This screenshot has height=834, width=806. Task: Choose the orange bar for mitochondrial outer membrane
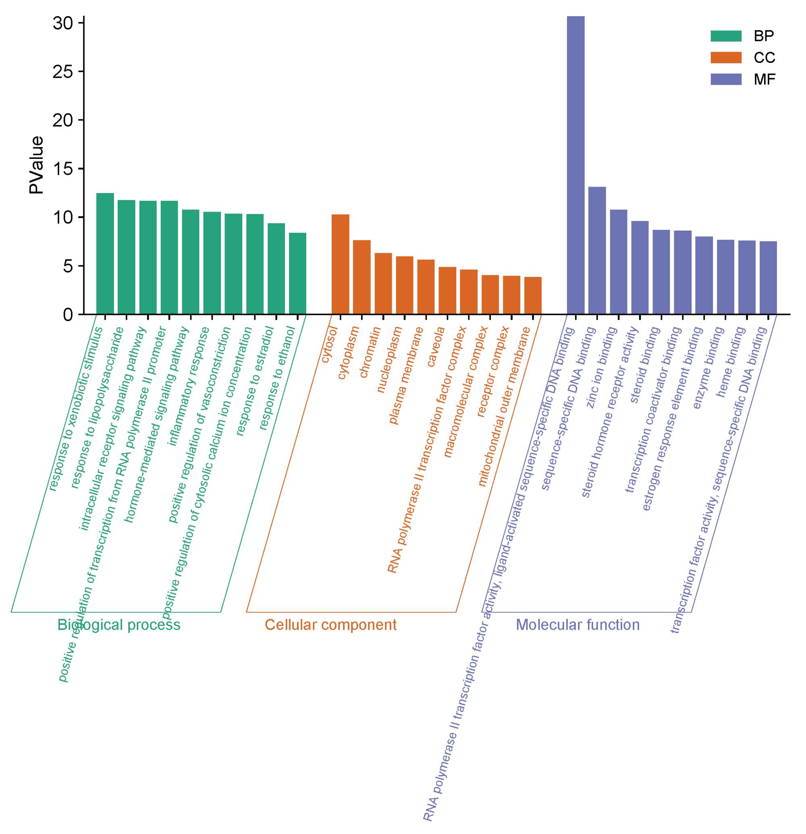pos(532,296)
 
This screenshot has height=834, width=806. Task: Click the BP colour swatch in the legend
pos(726,36)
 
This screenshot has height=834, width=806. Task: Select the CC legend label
pos(764,58)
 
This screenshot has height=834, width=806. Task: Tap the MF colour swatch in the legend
pos(726,79)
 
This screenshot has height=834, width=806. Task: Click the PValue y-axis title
pos(37,165)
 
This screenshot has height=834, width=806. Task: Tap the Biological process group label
pos(119,625)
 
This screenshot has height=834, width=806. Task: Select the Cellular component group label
pos(330,625)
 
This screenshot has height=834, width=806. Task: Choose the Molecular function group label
pos(577,625)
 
